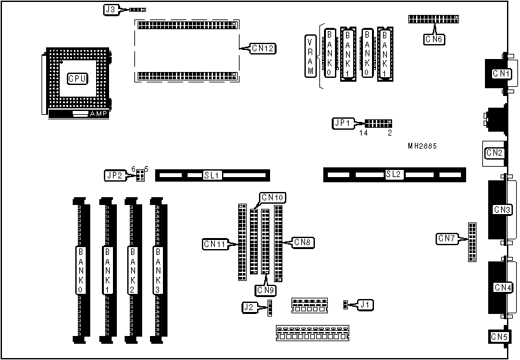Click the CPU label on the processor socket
pos(77,78)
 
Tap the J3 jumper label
pos(110,10)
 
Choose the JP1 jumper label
pos(341,123)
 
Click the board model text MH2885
pos(422,147)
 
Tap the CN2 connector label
pos(495,154)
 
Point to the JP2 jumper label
pos(114,175)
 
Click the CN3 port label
pos(502,210)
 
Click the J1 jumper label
pos(365,304)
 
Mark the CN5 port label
pos(499,337)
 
